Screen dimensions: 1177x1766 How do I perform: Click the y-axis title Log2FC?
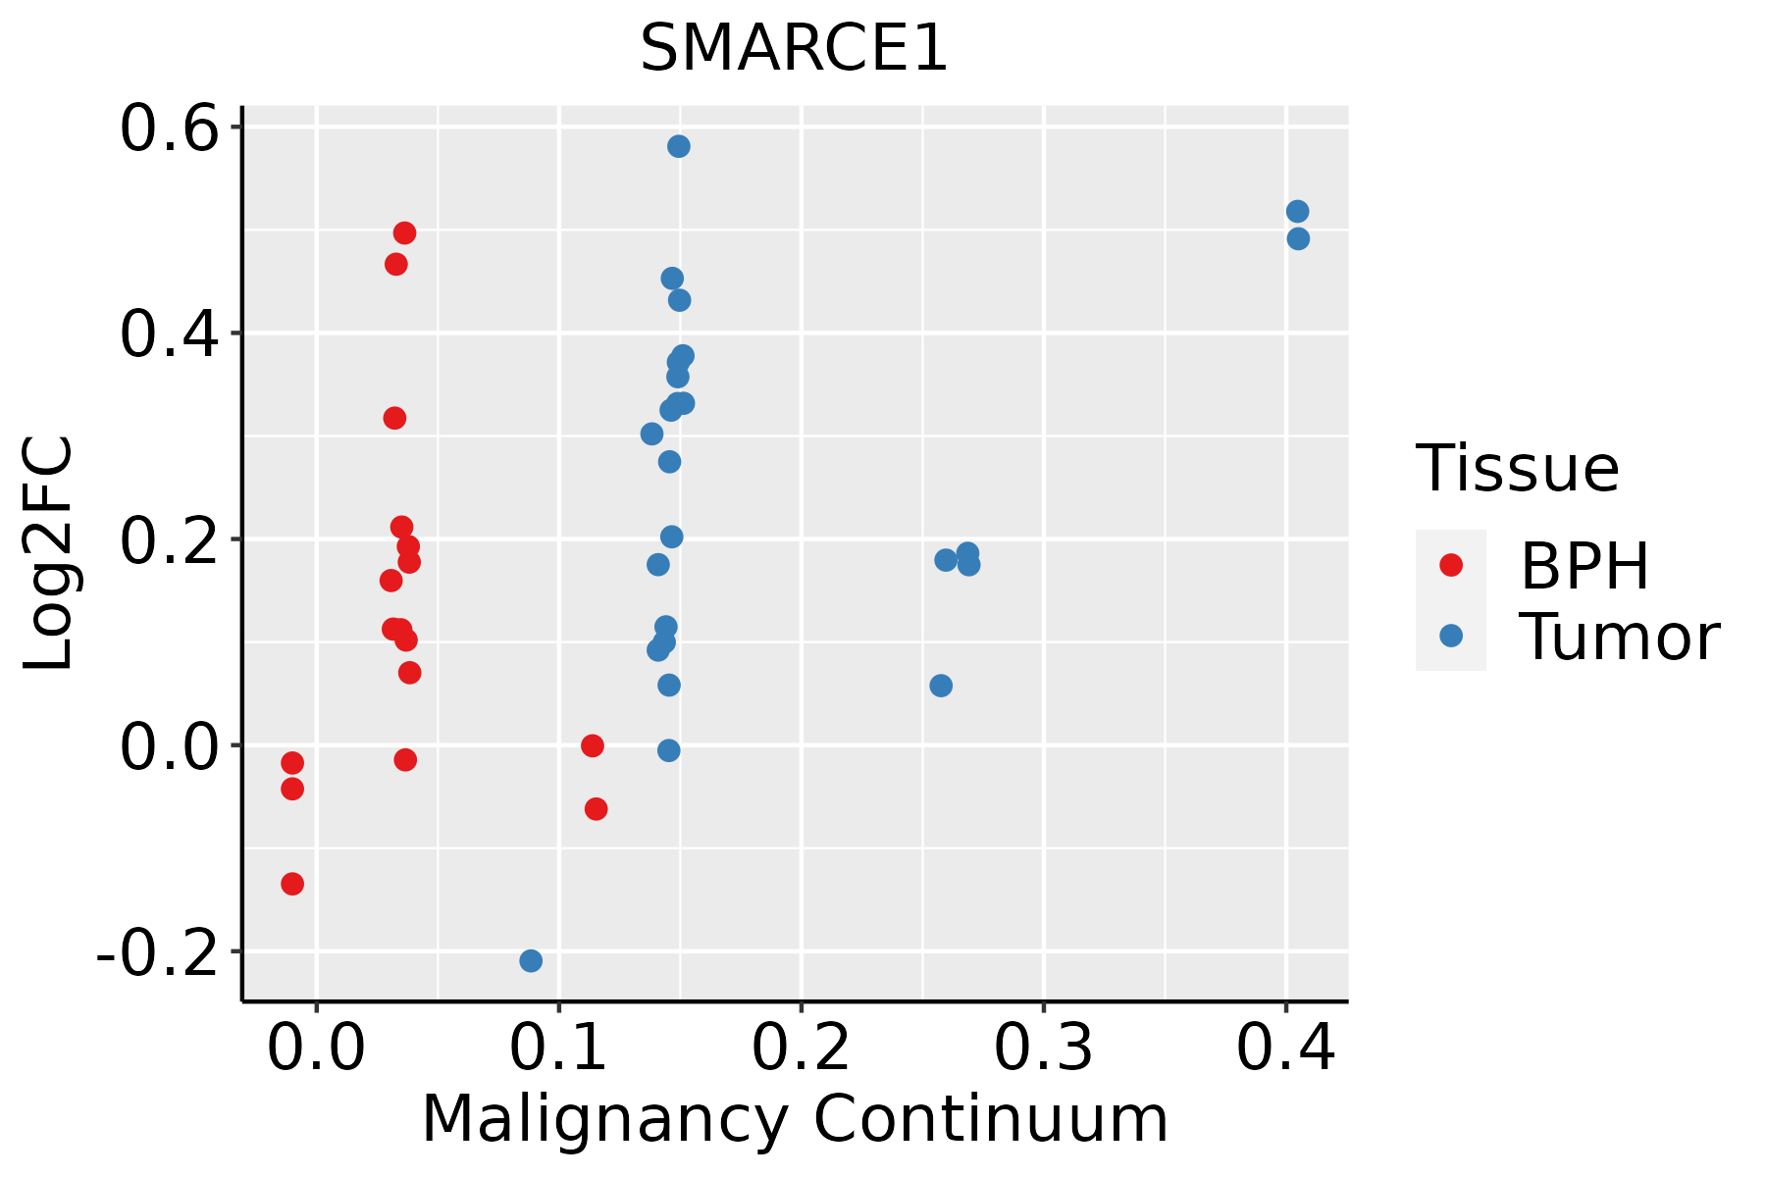[49, 554]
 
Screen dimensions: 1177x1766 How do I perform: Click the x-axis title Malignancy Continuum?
[794, 1119]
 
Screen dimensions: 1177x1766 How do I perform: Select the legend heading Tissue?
[1517, 468]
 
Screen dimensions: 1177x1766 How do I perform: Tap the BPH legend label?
[1584, 566]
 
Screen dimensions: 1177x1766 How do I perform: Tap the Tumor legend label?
[1619, 638]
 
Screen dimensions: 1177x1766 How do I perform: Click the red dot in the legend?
[1450, 565]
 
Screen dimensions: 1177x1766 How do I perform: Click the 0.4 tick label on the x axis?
[1285, 1048]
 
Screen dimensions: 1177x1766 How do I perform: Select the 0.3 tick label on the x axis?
[1043, 1048]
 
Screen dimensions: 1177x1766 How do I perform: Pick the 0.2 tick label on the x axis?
[801, 1048]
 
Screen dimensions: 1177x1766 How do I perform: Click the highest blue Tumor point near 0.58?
[678, 146]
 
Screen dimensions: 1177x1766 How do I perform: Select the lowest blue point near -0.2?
[531, 960]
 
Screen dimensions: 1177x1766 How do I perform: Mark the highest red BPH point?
[404, 233]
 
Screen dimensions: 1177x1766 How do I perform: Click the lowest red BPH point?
[292, 884]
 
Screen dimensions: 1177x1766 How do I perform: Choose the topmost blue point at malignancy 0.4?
[1297, 212]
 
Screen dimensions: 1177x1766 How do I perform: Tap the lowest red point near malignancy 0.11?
[596, 809]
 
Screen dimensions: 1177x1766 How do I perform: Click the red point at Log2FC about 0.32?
[394, 418]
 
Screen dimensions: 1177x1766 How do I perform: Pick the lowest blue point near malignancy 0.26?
[941, 686]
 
